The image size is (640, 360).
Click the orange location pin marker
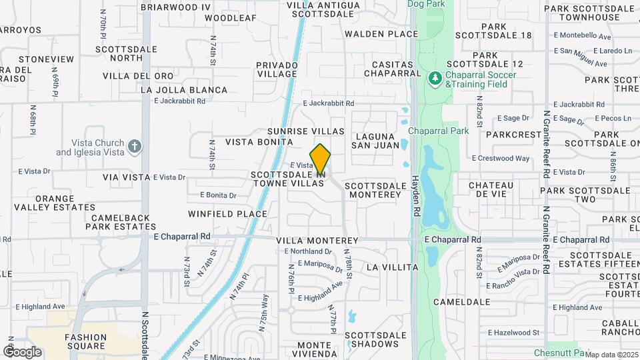(321, 159)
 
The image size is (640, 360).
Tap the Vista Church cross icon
(135, 147)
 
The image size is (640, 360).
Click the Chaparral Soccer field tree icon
(435, 79)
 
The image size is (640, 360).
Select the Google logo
(22, 351)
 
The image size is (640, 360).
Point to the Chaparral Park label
(438, 131)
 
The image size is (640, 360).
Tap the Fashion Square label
(86, 341)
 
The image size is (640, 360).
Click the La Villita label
(392, 267)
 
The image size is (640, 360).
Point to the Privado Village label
(277, 69)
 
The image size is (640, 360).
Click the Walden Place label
(381, 33)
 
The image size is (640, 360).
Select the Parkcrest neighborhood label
(514, 134)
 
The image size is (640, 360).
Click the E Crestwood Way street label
(501, 159)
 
